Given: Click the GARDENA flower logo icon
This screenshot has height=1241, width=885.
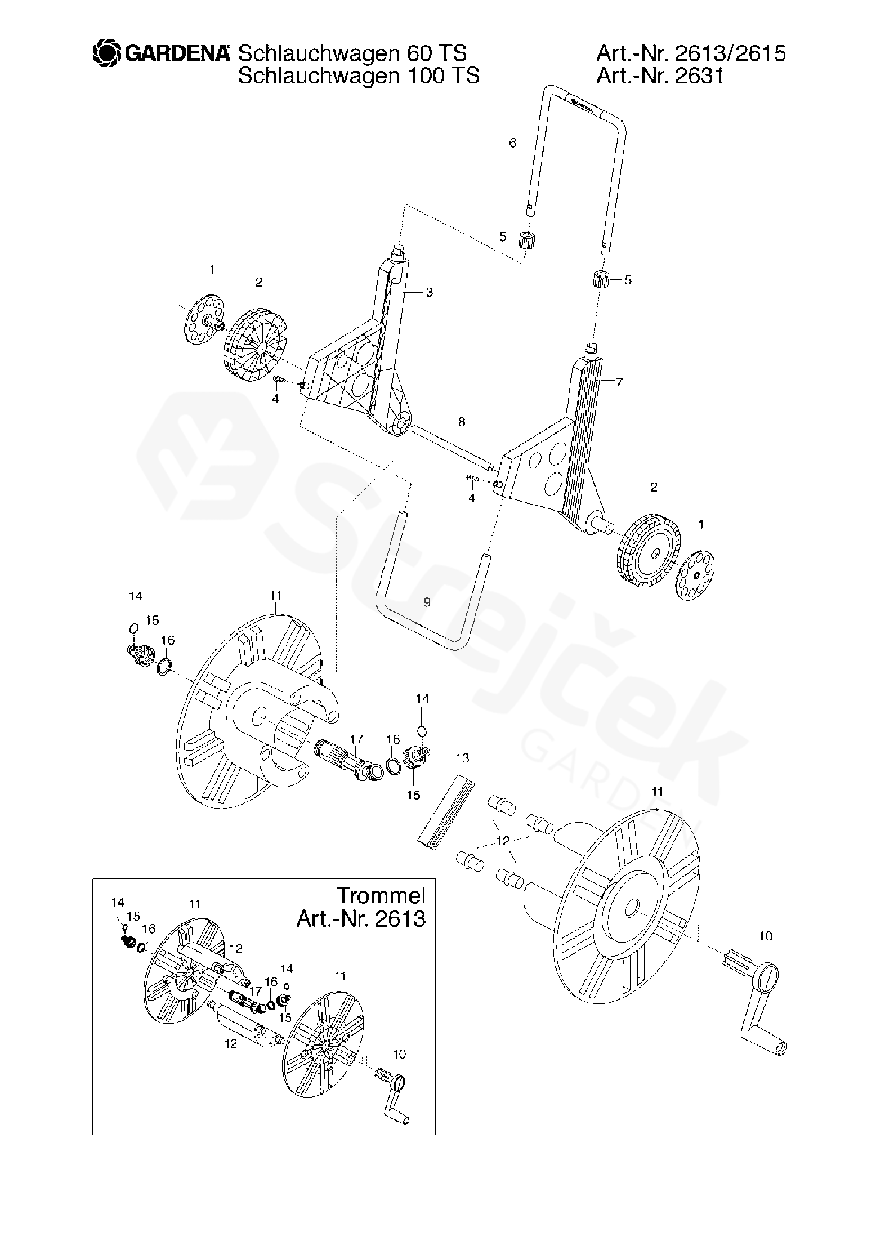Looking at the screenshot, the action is (x=106, y=53).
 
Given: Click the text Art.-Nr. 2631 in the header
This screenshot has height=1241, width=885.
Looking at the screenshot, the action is (x=659, y=75).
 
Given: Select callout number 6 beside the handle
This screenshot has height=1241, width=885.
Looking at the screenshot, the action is (x=512, y=143).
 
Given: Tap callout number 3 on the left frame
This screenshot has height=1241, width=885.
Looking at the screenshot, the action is (x=429, y=292).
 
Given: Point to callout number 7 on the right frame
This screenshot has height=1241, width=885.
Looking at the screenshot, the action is (x=619, y=382).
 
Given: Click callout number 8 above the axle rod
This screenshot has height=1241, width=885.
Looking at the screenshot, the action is (x=462, y=422).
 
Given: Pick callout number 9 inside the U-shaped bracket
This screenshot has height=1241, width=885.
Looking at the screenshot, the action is (x=427, y=602).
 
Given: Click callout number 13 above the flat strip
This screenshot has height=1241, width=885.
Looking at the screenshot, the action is (x=462, y=758).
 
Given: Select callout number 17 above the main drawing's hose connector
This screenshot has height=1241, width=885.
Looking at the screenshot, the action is (x=356, y=739).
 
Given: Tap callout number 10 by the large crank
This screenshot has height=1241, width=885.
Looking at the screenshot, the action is (x=765, y=936).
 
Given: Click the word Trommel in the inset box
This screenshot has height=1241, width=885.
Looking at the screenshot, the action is (x=381, y=895).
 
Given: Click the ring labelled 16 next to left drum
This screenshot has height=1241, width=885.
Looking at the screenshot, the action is (x=163, y=666).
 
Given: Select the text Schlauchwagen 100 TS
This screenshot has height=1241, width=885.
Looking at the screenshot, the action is (x=359, y=75).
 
